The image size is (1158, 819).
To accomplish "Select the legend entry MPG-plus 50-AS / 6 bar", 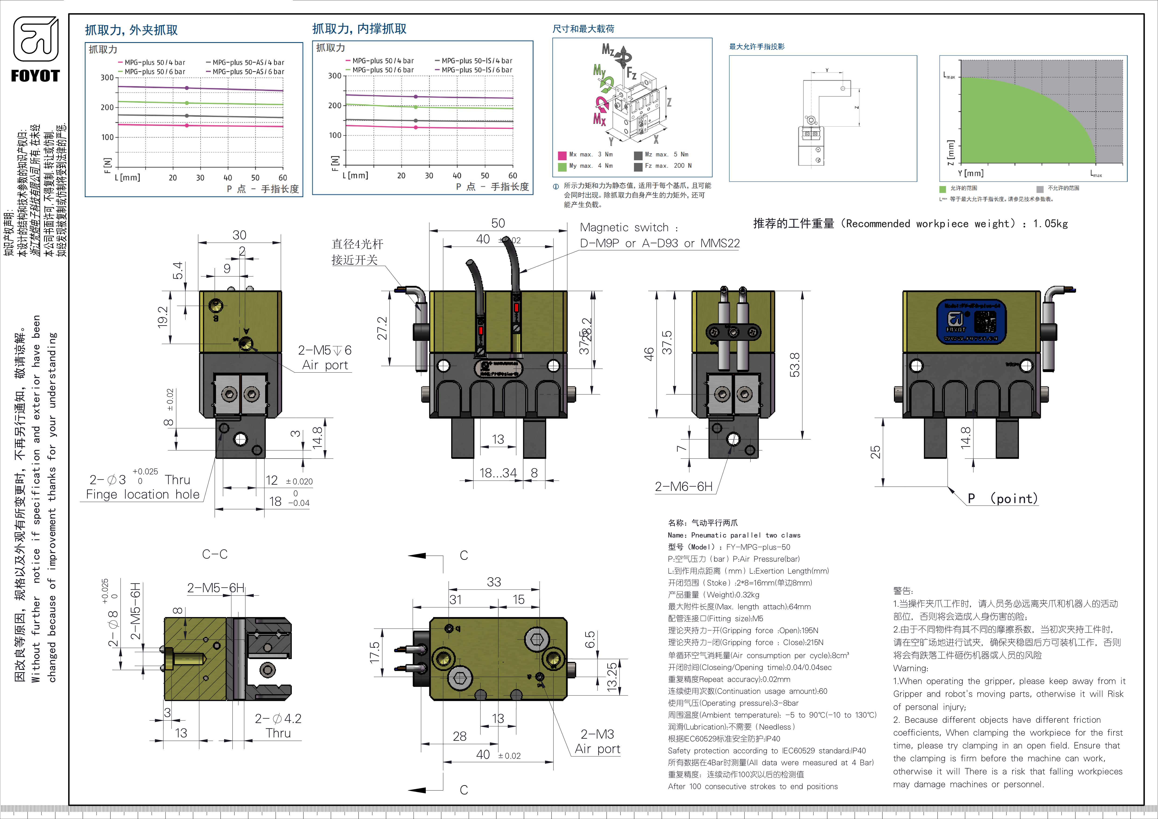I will pyautogui.click(x=248, y=72).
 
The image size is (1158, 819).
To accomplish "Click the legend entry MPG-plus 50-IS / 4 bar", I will pyautogui.click(x=477, y=60).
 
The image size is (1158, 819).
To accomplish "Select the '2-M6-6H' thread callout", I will pyautogui.click(x=683, y=487).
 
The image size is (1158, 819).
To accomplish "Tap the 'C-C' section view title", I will pyautogui.click(x=215, y=554).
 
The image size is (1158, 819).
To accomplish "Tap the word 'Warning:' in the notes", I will pyautogui.click(x=910, y=668).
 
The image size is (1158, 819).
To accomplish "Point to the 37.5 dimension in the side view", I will pyautogui.click(x=667, y=342).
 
